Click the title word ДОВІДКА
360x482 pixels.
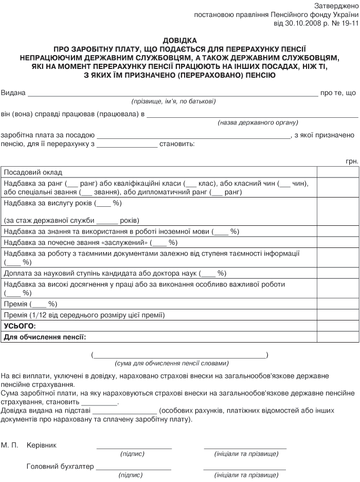179,40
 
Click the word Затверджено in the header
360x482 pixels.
336,6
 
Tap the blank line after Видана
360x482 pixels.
172,94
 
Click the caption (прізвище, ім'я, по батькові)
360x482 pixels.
173,101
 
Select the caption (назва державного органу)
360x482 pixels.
258,122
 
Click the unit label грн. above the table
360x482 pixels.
352,162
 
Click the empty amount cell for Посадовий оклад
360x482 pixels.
338,173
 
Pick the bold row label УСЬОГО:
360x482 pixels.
20,326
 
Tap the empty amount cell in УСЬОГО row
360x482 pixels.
338,326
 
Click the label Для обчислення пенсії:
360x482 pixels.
45,337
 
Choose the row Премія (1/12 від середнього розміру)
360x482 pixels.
84,315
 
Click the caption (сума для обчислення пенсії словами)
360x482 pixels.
170,362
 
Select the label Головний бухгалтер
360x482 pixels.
60,467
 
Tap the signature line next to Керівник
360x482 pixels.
134,447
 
